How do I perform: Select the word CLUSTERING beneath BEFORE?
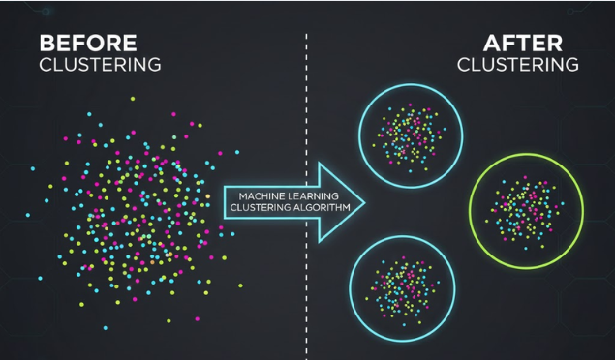point(100,65)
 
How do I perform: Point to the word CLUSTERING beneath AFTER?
point(518,65)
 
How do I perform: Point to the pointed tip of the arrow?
point(363,200)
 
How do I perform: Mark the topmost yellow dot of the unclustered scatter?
point(134,99)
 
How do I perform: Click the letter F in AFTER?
point(508,44)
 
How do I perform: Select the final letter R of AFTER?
point(557,44)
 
